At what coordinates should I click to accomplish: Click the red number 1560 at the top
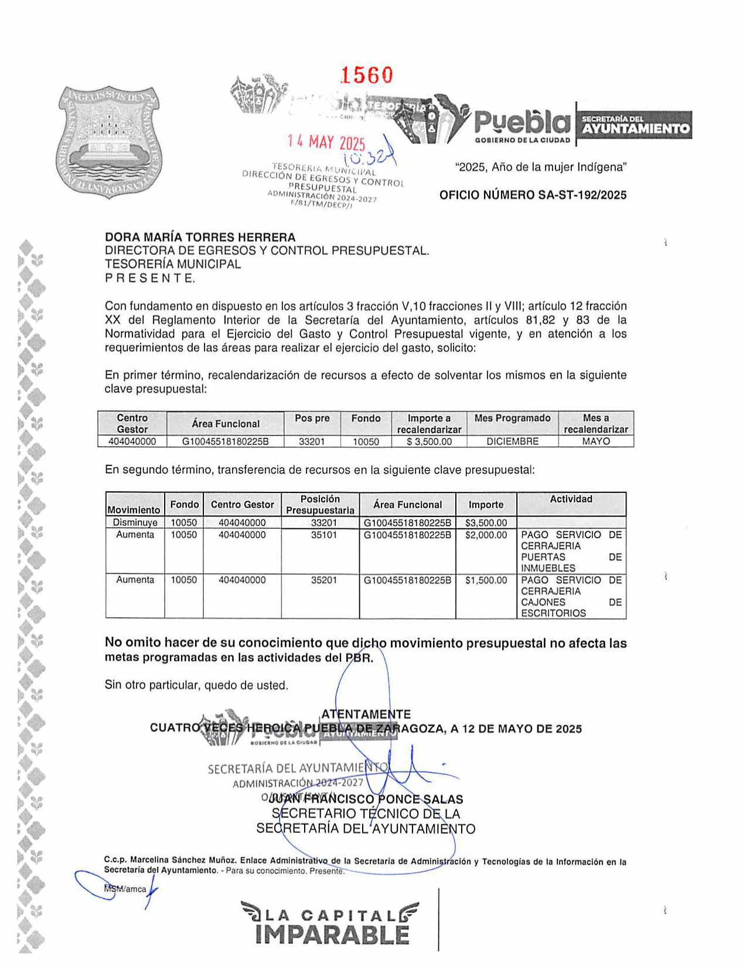click(367, 75)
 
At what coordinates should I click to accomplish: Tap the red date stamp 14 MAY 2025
click(326, 142)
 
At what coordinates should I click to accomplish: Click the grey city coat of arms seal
click(109, 142)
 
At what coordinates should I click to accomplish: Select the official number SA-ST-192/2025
click(533, 195)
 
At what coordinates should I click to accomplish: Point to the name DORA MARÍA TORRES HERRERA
click(200, 237)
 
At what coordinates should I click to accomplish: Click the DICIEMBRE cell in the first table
click(512, 441)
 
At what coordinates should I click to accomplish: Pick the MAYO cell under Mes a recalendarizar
click(595, 441)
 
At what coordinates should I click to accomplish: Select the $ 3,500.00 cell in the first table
click(429, 441)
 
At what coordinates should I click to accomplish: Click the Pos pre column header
click(312, 419)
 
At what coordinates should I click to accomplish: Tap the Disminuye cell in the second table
click(135, 522)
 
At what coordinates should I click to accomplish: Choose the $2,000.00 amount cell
click(486, 535)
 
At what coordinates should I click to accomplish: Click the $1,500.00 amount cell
click(486, 580)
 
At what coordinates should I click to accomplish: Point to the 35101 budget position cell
click(323, 535)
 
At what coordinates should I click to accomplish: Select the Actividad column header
click(571, 499)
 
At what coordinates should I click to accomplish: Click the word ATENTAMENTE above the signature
click(366, 714)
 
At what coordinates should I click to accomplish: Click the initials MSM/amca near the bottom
click(125, 889)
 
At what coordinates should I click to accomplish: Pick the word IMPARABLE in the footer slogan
click(332, 935)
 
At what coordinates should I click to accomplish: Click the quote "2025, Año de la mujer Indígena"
click(540, 167)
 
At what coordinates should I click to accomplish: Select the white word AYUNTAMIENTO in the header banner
click(636, 128)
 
